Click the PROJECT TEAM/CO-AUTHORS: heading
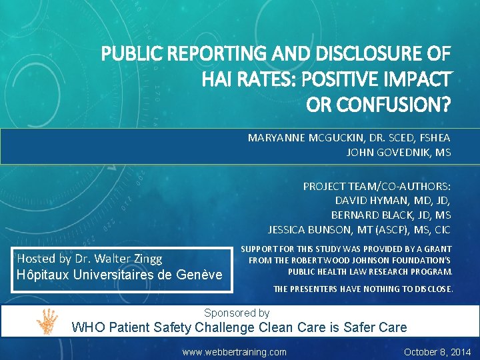pos(377,186)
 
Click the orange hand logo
pos(47,321)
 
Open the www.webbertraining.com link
pos(235,352)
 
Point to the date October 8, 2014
pos(437,352)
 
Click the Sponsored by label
pos(237,313)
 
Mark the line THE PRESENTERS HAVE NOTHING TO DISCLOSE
pos(363,289)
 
